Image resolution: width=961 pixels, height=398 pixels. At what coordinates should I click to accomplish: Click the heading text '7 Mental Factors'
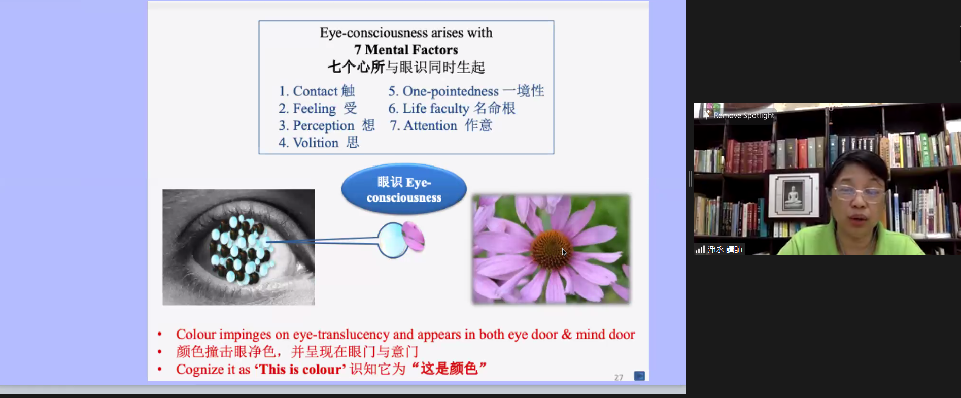coord(406,50)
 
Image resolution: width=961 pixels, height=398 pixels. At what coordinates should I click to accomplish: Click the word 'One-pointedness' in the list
coord(451,91)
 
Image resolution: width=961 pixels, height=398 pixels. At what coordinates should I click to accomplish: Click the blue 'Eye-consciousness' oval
coord(404,189)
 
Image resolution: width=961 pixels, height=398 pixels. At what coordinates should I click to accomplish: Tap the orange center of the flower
coord(551,249)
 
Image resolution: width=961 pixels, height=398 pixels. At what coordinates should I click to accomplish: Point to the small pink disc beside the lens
coord(413,236)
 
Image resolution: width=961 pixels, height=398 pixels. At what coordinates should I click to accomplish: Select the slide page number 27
coord(619,377)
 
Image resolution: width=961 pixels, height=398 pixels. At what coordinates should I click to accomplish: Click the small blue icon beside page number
coord(639,376)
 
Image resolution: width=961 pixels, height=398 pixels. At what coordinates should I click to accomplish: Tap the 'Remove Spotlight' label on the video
coord(744,115)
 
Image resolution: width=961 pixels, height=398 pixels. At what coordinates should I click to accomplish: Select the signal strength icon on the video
coord(700,249)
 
